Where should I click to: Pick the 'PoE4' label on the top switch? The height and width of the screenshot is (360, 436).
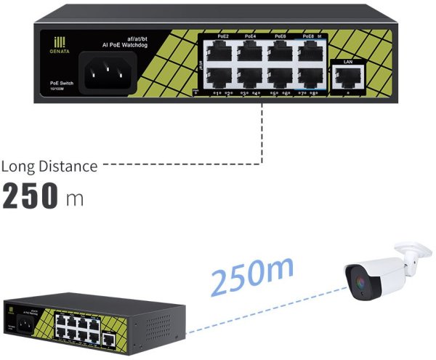click(x=250, y=36)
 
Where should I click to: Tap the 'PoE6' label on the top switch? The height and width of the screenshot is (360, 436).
click(x=280, y=36)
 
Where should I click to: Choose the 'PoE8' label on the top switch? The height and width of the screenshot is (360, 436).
click(x=308, y=36)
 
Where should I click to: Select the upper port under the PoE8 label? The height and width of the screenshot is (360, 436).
click(x=308, y=50)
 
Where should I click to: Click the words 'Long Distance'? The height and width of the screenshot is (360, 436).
click(x=49, y=167)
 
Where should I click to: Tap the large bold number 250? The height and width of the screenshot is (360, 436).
click(x=31, y=196)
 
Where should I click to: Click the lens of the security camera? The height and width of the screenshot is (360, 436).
click(x=358, y=279)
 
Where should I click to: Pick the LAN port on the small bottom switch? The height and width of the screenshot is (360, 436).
click(x=109, y=337)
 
